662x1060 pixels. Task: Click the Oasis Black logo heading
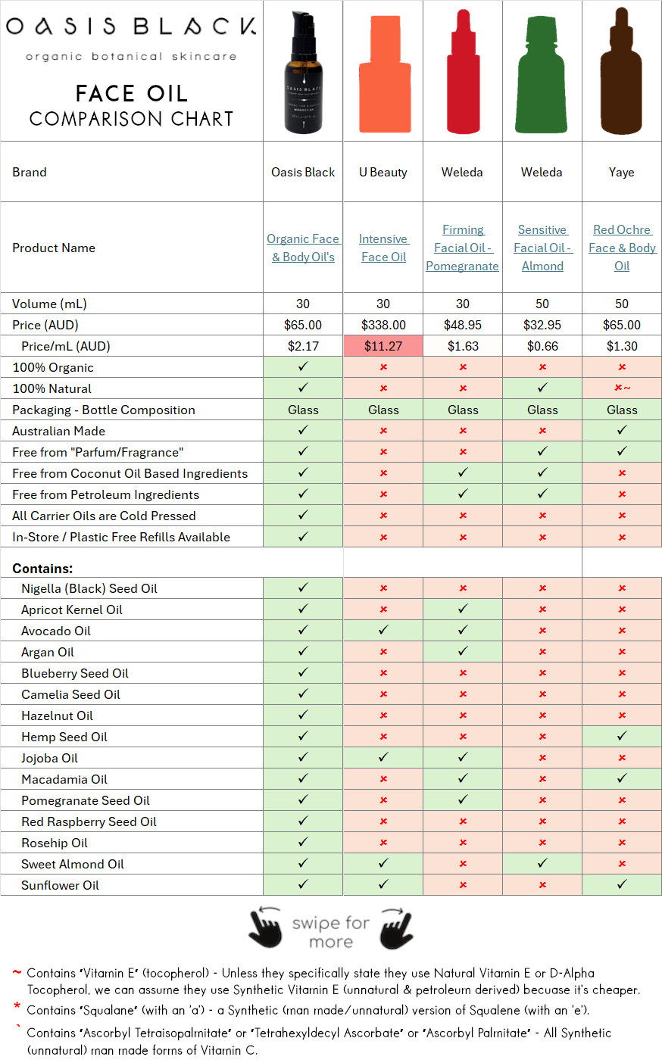131,26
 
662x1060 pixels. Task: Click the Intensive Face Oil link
383,248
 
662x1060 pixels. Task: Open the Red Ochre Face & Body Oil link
622,248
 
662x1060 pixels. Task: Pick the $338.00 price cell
383,325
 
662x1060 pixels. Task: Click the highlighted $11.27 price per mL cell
383,346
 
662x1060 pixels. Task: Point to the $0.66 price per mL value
542,346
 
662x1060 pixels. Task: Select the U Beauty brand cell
383,172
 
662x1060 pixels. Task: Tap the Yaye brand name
622,172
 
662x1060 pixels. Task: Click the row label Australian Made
59,431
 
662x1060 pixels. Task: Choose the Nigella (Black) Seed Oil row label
89,588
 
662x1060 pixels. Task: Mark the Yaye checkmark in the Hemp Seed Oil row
622,736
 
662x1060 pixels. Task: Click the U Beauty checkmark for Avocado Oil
383,630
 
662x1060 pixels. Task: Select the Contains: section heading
42,568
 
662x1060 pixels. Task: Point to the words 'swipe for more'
331,932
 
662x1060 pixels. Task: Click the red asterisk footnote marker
17,1008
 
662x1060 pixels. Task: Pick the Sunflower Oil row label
61,885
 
